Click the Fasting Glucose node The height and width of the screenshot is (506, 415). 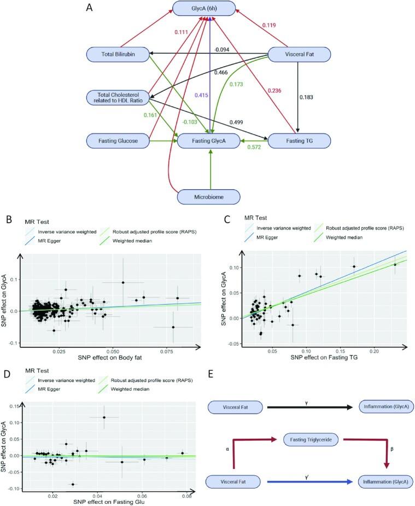(118, 142)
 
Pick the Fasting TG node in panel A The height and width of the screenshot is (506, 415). (297, 142)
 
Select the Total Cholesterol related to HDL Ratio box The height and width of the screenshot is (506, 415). (118, 98)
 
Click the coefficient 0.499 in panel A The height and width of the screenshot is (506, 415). (238, 122)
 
